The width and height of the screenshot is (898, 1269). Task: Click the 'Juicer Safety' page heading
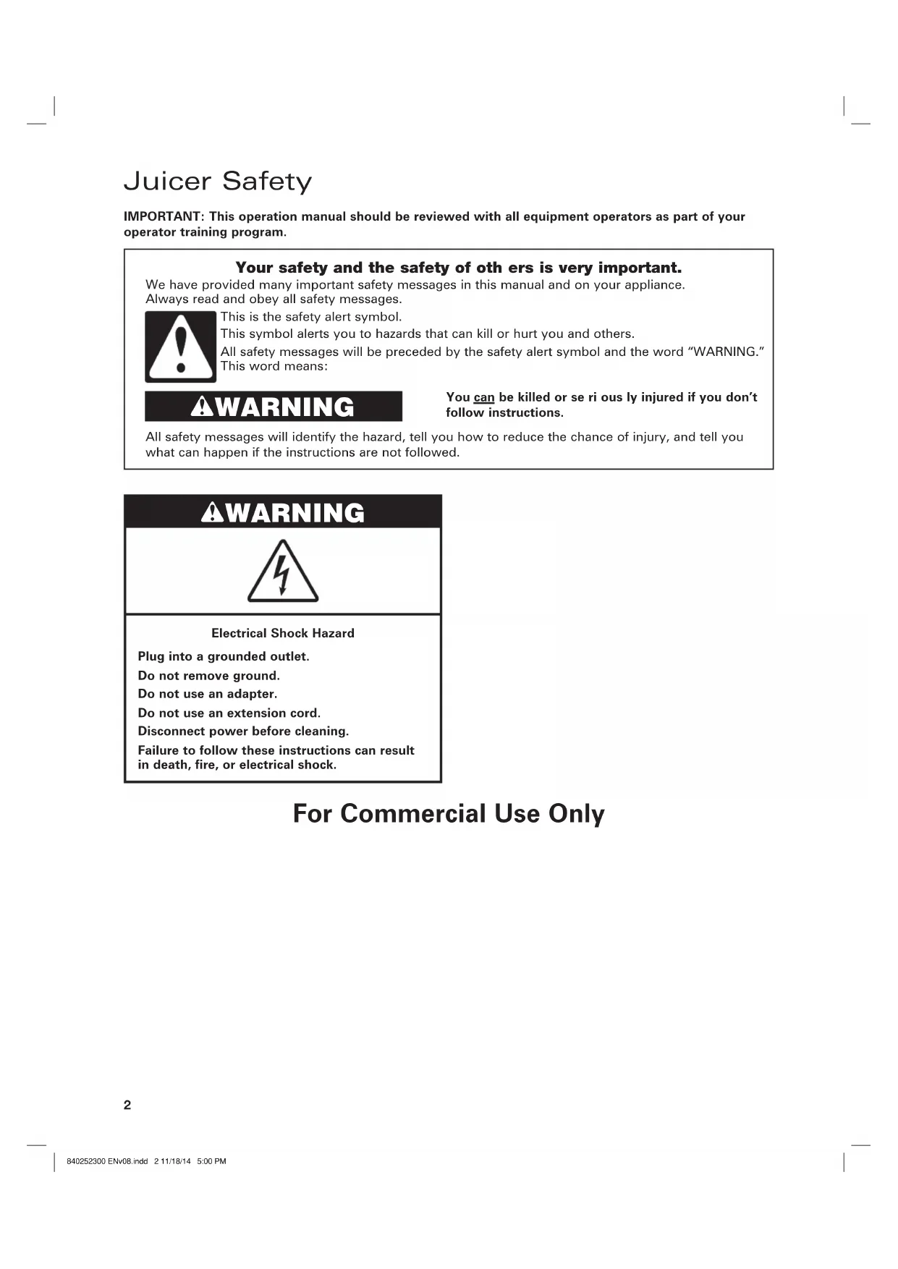tap(218, 181)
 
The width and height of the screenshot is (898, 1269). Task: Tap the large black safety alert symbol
tap(181, 347)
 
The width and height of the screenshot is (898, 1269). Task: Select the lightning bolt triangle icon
tap(283, 572)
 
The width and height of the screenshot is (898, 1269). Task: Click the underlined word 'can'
tap(484, 397)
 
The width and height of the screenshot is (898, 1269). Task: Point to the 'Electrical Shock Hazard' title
tap(283, 633)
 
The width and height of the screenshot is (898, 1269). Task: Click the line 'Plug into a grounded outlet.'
tap(224, 656)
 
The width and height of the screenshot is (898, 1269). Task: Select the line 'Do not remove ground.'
tap(209, 676)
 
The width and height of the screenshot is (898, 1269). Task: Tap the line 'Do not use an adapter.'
tap(208, 694)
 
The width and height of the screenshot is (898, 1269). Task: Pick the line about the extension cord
tap(229, 713)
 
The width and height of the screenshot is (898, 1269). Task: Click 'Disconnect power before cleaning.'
tap(243, 731)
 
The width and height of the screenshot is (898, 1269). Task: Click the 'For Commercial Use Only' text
tap(449, 813)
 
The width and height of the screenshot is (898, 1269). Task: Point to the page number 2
tap(127, 1105)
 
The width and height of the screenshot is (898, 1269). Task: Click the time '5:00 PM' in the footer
tap(211, 1161)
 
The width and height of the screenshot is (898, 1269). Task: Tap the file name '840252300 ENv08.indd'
tap(107, 1161)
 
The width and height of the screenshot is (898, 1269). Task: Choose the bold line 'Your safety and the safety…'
tap(459, 268)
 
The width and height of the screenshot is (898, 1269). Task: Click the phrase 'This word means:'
tap(274, 366)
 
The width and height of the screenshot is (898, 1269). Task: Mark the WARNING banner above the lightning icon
tap(283, 512)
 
